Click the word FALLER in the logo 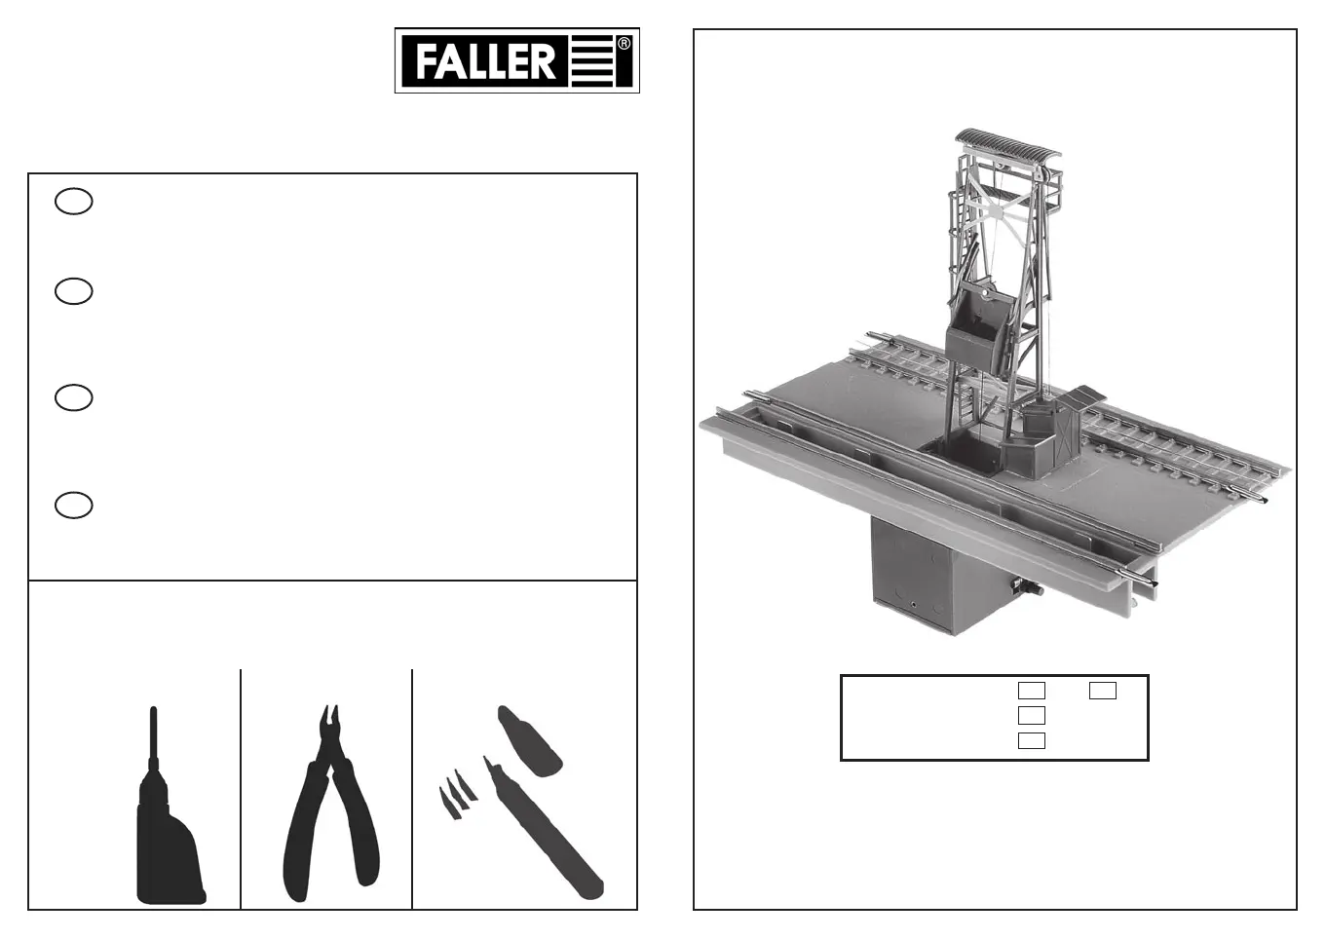[485, 61]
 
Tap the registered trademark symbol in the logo [624, 44]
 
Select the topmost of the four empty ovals [73, 202]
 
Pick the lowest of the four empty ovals [73, 506]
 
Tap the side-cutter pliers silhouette [330, 805]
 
